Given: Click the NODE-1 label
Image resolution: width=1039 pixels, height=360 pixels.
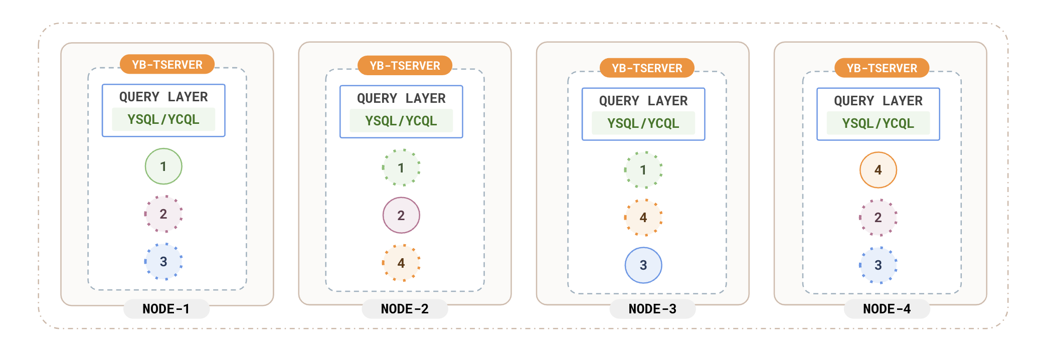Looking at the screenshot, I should (166, 309).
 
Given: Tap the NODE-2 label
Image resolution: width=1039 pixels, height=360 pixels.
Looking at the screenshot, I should (405, 309).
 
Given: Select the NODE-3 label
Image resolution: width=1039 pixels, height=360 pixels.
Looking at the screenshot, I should (652, 309).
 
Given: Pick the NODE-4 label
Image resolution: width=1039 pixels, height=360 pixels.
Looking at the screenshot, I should (887, 309).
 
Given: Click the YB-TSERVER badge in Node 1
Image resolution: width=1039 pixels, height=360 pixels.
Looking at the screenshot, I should (167, 65).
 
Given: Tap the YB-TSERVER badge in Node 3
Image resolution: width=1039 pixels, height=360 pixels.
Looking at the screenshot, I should (647, 68).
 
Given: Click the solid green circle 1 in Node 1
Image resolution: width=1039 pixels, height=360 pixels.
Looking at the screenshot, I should (163, 166).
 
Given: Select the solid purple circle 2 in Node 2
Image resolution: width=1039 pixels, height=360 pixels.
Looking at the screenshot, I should (401, 216).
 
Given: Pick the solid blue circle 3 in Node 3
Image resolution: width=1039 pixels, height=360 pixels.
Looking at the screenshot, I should (643, 265).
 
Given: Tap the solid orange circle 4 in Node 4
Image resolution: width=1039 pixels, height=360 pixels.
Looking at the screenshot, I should (878, 170).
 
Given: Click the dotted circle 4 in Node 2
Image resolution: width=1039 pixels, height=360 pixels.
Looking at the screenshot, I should (401, 263).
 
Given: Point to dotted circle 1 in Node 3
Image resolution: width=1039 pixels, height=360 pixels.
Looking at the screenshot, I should (643, 170).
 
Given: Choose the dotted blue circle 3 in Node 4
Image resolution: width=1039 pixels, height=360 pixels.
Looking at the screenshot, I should (878, 265).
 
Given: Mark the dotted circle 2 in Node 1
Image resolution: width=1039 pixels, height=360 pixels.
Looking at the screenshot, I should (163, 214).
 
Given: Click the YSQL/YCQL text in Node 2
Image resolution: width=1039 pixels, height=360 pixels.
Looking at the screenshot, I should (401, 121).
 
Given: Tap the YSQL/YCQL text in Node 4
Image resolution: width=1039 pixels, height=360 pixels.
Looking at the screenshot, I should (878, 123).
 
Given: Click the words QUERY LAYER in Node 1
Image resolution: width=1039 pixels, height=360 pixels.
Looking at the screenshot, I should (163, 97).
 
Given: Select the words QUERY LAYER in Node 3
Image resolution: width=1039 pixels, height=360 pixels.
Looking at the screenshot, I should (643, 101).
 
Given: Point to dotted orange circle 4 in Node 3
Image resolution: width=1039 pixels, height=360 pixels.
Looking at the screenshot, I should (643, 218).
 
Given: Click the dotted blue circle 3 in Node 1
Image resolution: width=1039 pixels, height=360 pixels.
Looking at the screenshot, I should (163, 262).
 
